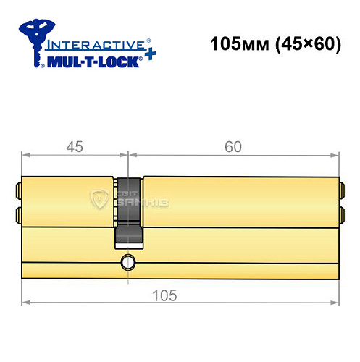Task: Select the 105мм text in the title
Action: [237, 44]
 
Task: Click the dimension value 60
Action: [233, 146]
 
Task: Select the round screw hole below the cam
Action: [128, 261]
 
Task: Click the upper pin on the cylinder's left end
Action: [17, 192]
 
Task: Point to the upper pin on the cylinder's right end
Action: [341, 192]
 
